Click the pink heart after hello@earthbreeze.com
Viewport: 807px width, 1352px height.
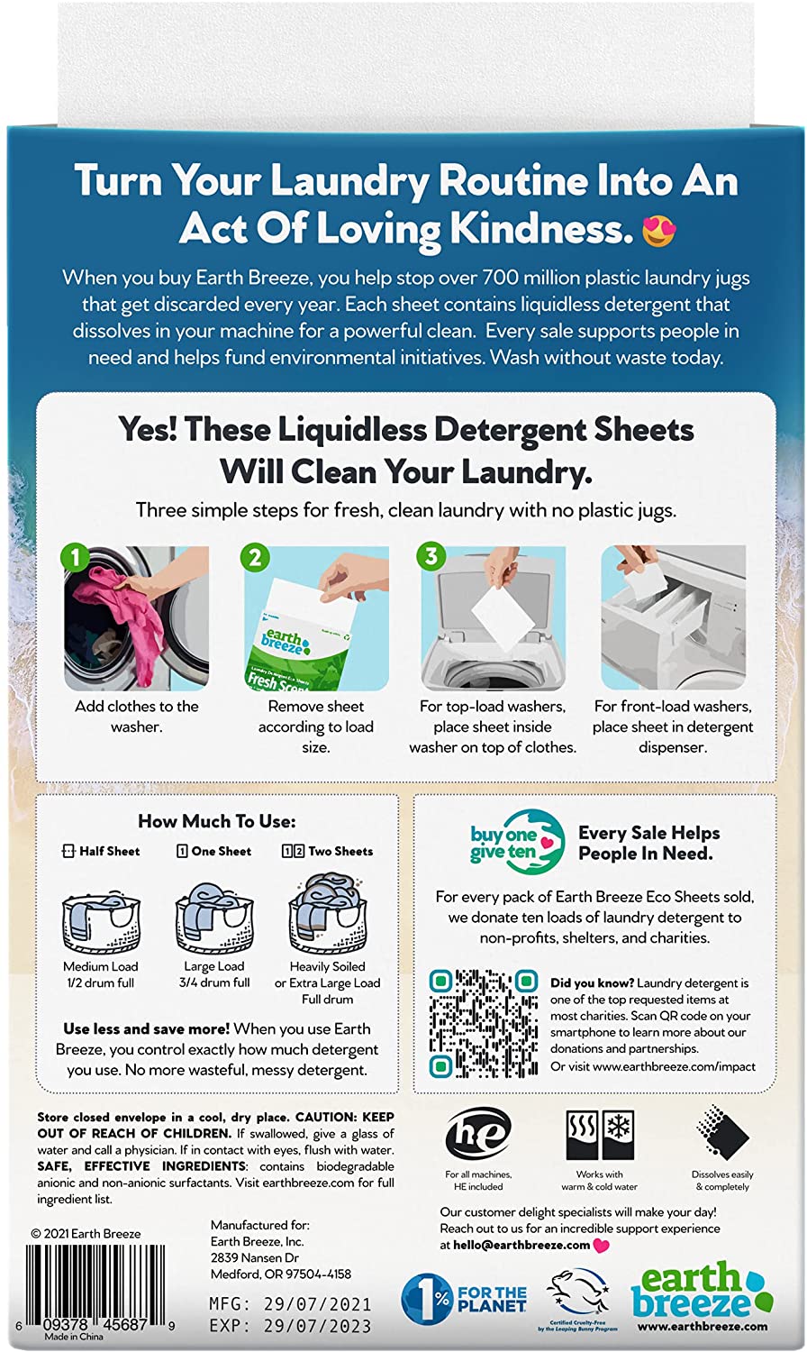click(x=602, y=1246)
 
